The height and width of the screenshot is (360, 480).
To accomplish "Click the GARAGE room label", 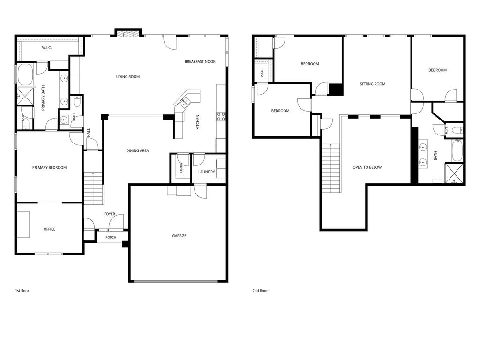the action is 179,236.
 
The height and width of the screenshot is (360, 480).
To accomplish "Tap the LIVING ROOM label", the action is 128,77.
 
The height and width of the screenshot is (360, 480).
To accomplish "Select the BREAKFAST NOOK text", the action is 200,61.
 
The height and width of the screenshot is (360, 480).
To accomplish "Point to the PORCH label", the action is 111,237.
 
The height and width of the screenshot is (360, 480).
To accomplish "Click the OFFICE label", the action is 49,229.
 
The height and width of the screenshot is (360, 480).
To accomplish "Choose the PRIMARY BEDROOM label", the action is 49,167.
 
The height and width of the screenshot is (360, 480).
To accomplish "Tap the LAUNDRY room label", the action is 207,172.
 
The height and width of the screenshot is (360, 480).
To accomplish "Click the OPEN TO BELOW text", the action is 367,167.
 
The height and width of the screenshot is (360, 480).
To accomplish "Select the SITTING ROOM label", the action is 373,84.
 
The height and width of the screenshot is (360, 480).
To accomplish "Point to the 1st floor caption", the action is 22,291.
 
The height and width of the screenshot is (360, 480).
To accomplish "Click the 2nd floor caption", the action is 260,291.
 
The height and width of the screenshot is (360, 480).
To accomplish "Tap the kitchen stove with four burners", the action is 221,116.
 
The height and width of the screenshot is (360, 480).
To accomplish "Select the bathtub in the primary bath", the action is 25,75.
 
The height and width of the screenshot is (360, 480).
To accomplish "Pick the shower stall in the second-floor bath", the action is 454,173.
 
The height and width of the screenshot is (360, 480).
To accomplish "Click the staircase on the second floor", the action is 331,168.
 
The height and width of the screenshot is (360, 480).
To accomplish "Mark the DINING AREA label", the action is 137,150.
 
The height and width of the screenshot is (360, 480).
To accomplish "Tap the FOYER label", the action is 110,214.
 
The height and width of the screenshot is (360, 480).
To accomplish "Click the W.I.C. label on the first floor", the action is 46,48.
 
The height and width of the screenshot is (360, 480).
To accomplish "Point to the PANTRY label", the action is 181,168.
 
